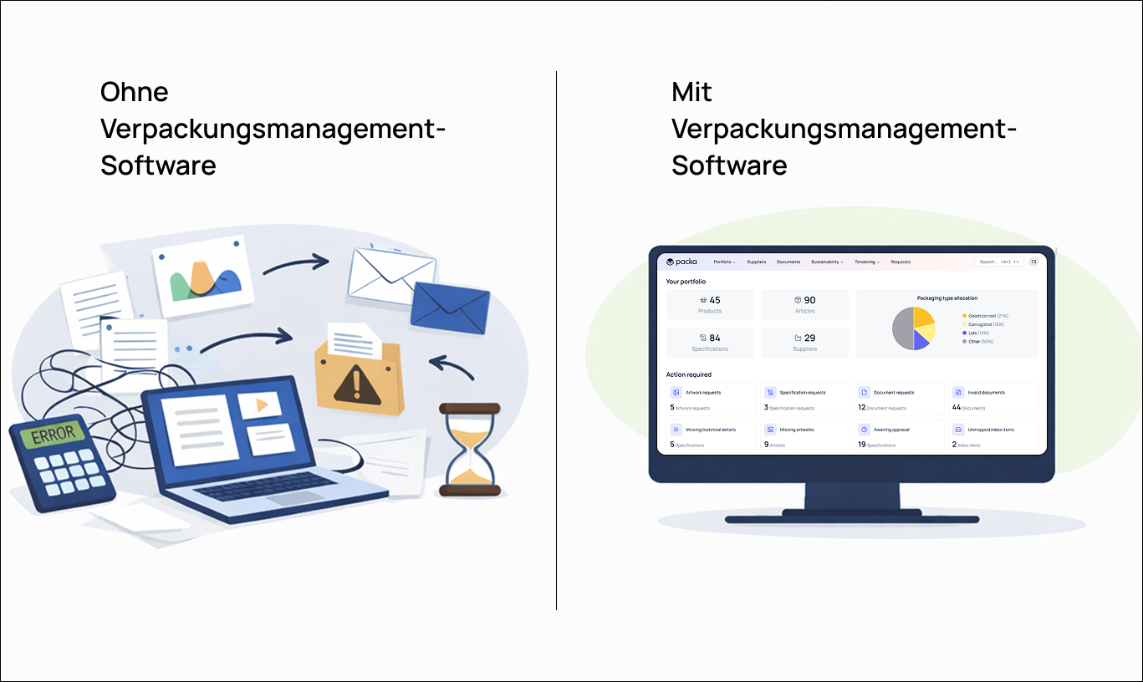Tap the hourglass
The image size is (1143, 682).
point(469,449)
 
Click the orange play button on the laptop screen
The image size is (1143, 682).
point(260,405)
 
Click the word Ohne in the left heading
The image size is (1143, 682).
point(135,91)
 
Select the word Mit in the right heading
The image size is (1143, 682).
point(691,91)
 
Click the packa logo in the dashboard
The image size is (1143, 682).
point(681,262)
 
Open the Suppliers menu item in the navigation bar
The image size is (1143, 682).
point(756,262)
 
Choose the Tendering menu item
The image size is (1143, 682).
point(866,262)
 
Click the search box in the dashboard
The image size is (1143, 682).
point(998,262)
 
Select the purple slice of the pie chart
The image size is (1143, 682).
point(921,339)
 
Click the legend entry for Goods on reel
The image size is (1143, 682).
point(987,316)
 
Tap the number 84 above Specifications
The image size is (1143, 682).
point(714,338)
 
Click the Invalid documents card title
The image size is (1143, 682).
point(986,392)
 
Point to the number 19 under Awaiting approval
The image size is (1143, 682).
point(861,445)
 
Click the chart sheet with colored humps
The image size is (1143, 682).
point(204,277)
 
